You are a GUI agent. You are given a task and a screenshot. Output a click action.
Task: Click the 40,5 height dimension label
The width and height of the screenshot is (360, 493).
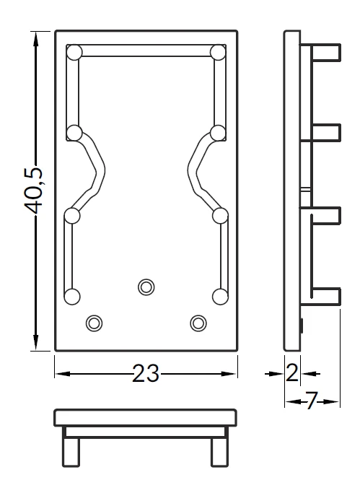(32, 191)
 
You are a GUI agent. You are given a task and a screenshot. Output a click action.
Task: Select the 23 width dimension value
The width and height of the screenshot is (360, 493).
(146, 373)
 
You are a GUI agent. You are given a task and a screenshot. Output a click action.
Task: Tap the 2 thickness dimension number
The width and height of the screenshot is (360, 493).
(292, 373)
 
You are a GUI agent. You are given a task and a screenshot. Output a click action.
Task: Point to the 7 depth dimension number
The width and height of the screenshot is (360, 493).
(312, 401)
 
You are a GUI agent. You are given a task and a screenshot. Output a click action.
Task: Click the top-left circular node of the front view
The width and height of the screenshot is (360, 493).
(74, 52)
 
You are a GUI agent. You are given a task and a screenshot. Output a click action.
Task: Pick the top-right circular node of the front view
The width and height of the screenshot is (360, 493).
(218, 52)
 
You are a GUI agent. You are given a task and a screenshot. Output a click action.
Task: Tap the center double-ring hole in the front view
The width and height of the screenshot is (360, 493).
(146, 287)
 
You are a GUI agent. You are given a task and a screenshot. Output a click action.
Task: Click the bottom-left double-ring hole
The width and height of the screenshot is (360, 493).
(95, 323)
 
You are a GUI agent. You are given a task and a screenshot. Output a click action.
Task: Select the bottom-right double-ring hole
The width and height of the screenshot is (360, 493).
(198, 323)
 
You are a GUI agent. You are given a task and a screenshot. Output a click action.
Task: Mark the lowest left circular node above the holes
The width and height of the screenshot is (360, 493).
(72, 297)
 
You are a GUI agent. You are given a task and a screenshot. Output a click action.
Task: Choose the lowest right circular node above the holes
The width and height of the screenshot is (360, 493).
(220, 297)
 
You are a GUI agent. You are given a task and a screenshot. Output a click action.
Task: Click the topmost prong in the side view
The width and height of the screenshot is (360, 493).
(326, 52)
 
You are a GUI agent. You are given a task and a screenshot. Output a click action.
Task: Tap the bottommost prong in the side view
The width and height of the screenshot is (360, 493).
(326, 296)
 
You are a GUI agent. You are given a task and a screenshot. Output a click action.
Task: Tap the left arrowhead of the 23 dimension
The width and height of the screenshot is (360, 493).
(63, 374)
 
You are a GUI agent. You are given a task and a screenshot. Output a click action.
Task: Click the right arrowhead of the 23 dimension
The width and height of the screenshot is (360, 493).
(229, 374)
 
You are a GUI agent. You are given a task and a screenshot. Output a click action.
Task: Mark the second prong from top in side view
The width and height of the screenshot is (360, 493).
(326, 132)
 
